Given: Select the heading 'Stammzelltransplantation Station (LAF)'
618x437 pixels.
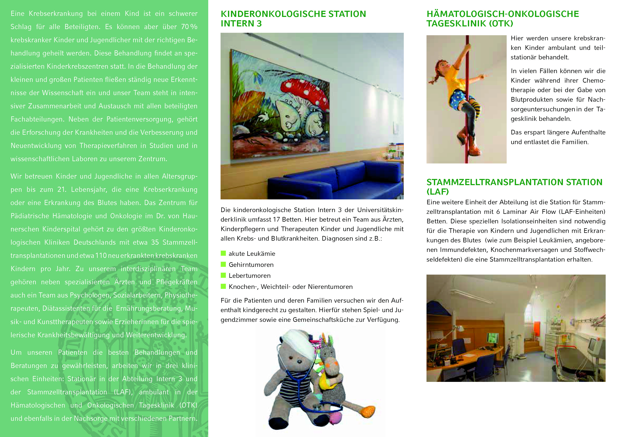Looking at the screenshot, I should tap(514, 187).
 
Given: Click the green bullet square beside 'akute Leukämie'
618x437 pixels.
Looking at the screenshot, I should tap(223, 253).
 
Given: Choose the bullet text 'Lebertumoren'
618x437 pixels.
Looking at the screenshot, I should tap(249, 276).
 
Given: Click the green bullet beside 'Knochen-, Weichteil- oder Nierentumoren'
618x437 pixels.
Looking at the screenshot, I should tap(223, 286).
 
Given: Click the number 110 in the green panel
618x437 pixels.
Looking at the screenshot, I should tap(101, 256).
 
